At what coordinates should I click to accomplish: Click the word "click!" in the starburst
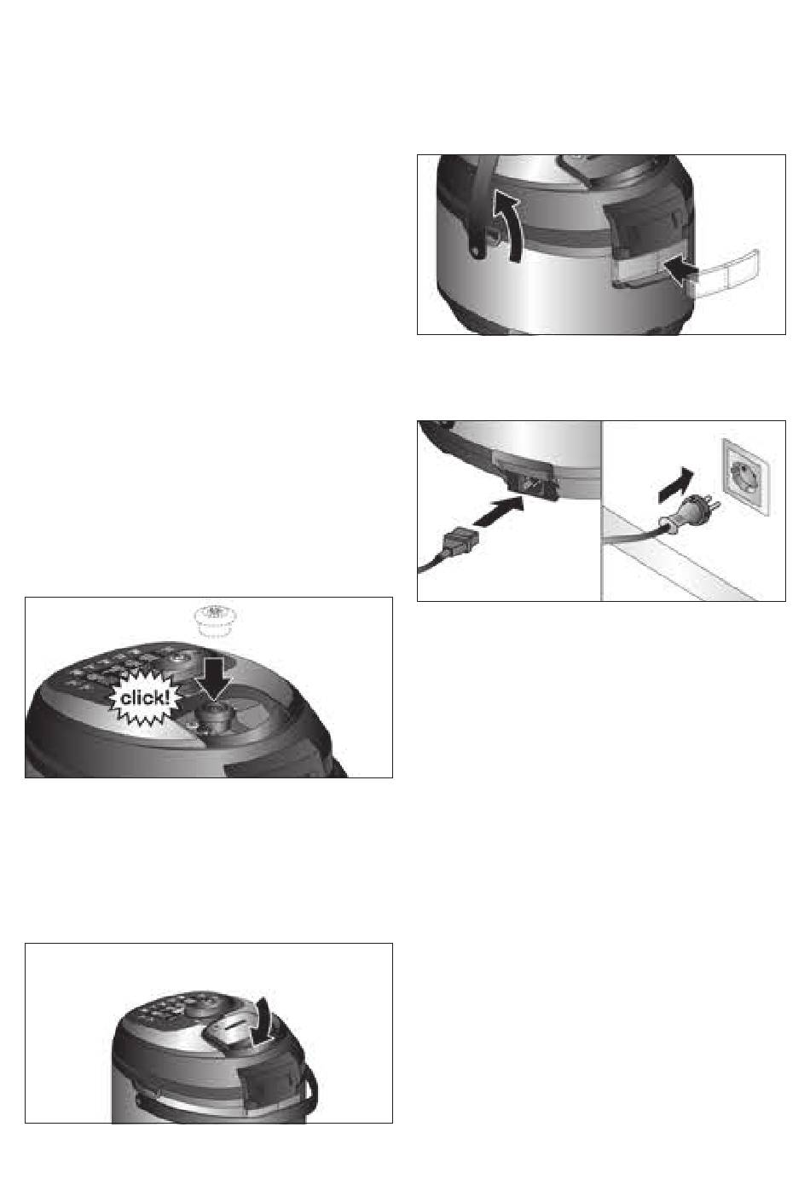pyautogui.click(x=145, y=698)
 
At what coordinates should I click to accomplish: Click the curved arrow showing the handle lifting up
pyautogui.click(x=506, y=225)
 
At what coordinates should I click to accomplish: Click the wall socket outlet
pyautogui.click(x=746, y=477)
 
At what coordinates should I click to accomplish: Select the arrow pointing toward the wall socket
pyautogui.click(x=675, y=485)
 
